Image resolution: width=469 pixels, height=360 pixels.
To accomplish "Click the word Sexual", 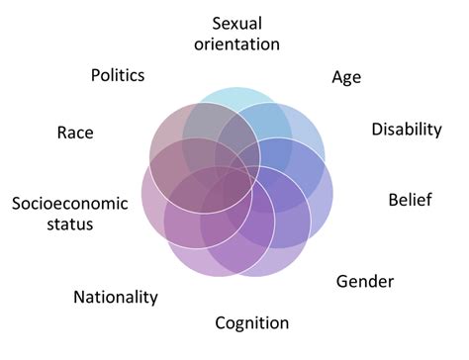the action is pos(238,23).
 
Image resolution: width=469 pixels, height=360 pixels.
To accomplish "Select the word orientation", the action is pos(238,45).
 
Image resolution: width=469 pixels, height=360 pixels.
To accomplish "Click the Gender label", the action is pos(365,282).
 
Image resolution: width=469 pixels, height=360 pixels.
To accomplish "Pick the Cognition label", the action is pos(252,323).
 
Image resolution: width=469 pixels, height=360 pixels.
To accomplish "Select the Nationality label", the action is pos(116,297).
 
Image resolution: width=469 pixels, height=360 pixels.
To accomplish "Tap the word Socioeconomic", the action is pos(70,204).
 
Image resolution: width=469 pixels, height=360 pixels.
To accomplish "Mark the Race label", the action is pos(75,132).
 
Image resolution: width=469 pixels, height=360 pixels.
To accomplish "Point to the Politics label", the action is pos(118,75).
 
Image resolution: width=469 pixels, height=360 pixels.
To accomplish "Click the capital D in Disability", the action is pos(376,130).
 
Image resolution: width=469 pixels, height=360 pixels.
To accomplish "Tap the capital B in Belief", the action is pos(391,201).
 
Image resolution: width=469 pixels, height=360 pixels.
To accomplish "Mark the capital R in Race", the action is pos(62,132).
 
